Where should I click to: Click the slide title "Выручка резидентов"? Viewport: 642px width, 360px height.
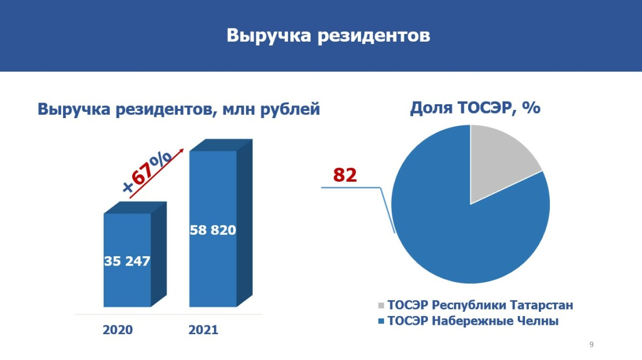coord(328,36)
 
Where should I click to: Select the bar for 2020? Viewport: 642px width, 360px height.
coord(127,260)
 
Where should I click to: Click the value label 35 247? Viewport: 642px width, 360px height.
coord(127,261)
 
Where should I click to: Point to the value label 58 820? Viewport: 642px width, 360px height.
coord(213,230)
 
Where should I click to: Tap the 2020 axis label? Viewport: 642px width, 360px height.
coord(117,330)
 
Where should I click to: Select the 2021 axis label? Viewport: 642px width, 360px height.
coord(203,330)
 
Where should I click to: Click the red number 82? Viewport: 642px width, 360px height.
coord(345,175)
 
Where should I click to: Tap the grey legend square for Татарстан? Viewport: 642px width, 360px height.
coord(381,306)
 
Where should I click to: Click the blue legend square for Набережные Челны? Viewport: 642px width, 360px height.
coord(381,321)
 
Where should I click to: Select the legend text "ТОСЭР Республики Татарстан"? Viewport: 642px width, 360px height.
coord(480,306)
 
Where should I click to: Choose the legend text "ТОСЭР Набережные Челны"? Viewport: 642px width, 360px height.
coord(473,320)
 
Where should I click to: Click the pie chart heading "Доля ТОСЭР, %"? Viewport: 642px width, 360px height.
coord(475,108)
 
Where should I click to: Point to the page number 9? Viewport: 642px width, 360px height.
coord(591,345)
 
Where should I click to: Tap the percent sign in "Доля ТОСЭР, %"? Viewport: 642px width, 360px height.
coord(532,108)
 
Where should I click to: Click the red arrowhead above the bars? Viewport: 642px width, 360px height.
coord(182,151)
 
